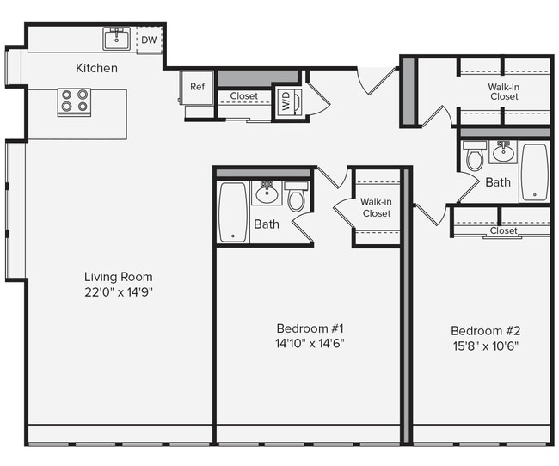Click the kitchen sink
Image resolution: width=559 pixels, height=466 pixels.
116,39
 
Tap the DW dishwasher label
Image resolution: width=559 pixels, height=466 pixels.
149,40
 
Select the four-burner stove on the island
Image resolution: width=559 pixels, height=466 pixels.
74,102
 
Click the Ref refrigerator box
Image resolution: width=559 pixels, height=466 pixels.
197,87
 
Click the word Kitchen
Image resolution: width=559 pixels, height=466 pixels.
96,68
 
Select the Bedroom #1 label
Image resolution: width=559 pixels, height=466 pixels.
310,328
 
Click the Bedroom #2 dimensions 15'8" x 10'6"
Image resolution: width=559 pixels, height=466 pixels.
484,346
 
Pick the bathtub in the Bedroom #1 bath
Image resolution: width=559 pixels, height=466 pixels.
233,211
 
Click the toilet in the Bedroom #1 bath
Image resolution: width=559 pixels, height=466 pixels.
296,198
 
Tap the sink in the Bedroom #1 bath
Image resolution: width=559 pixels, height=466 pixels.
267,192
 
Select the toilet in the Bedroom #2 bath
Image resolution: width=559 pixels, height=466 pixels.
475,157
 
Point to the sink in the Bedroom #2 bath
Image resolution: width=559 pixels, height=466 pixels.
503,153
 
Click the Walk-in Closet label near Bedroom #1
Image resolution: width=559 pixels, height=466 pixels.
376,207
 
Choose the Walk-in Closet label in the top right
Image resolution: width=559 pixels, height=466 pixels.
504,91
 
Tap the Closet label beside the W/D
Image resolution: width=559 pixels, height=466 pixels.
243,96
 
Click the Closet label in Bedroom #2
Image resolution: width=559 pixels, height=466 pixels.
503,230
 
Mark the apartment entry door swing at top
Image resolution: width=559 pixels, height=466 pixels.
377,79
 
